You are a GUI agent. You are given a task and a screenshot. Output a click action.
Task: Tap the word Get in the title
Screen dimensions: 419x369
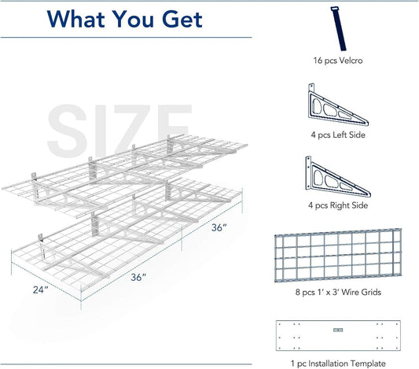[x=182, y=19]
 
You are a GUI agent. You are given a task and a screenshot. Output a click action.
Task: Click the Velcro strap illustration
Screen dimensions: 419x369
[x=338, y=28]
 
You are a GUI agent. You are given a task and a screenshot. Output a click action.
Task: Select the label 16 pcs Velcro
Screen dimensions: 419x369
[x=338, y=61]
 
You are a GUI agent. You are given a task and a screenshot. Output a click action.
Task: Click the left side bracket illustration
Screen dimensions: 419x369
[x=338, y=105]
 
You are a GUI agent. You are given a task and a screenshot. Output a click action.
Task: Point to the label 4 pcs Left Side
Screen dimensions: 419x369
[x=338, y=135]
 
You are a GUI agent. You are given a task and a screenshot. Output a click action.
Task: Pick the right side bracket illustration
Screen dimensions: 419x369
[x=338, y=177]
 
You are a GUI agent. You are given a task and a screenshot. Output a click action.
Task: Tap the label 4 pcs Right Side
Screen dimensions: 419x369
[x=338, y=205]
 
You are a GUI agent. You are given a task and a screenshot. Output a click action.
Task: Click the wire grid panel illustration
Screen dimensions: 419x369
[x=338, y=256]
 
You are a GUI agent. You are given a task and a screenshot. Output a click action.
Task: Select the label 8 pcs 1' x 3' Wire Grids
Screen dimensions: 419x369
[x=338, y=292]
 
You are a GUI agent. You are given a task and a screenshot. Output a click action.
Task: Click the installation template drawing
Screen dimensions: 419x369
[x=338, y=335]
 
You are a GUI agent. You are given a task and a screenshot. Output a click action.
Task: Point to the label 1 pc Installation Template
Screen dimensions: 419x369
[x=338, y=363]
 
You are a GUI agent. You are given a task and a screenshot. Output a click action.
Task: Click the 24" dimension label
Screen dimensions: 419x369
[x=40, y=290]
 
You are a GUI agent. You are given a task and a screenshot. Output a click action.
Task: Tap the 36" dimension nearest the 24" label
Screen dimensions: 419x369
[x=138, y=277]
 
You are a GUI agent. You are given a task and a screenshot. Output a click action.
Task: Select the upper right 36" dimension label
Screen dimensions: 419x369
[x=219, y=227]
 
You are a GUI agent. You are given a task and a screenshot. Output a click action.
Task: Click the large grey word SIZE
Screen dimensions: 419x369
[x=119, y=131]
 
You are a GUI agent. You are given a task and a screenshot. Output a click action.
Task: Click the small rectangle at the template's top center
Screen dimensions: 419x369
[x=338, y=330]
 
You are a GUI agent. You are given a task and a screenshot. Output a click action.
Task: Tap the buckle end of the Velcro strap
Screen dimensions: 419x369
[x=335, y=9]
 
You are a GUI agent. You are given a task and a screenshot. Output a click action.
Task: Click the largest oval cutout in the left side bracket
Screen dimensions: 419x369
[x=317, y=106]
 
